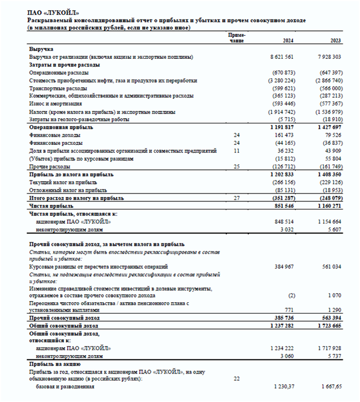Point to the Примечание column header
point(236,38)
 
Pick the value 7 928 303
point(329,57)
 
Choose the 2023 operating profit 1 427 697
point(329,128)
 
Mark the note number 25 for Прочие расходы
point(236,167)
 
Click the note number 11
point(236,151)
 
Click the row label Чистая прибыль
point(53,205)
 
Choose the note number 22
point(236,378)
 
